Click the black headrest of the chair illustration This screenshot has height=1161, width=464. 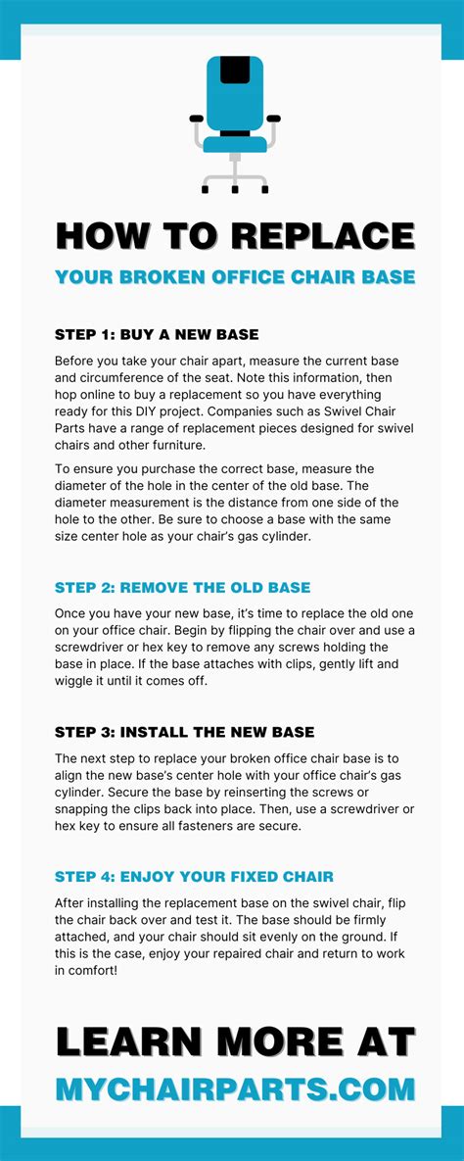coord(234,71)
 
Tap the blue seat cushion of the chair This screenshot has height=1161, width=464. coord(234,145)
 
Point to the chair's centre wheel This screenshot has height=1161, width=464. coord(235,187)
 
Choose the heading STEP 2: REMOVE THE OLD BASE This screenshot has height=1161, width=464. coord(183,588)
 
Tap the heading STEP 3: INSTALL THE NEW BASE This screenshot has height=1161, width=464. coord(185,732)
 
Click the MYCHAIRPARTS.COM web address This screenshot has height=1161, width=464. coord(235,1088)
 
